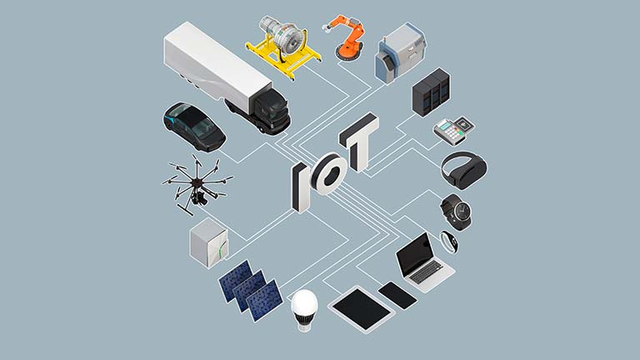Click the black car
coord(194,126)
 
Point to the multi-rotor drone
coord(197,183)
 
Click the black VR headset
coord(464,169)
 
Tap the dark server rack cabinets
coord(432,92)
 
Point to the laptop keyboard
coord(426,272)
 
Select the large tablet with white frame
coord(362,309)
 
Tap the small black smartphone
coord(397,295)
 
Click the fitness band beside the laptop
coord(448,242)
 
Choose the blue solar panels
coord(250,291)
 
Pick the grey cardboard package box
coord(209,242)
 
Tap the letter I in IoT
coord(301,187)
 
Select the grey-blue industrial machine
coord(400,53)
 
